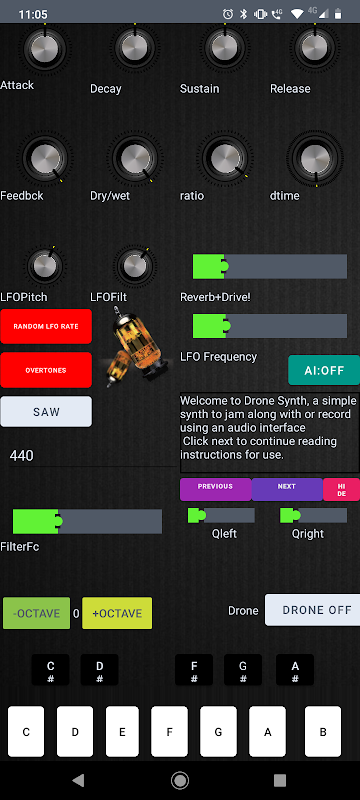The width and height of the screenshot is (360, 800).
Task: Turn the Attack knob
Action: [x=45, y=47]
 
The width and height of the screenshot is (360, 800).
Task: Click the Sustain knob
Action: [x=225, y=47]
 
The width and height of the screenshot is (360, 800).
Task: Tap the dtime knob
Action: [x=315, y=159]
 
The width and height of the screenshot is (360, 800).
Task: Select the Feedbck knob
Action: [x=45, y=159]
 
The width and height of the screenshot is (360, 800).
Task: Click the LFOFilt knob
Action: [x=135, y=265]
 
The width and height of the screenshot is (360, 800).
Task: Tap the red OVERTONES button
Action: [x=46, y=370]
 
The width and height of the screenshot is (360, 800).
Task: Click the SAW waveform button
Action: [x=46, y=412]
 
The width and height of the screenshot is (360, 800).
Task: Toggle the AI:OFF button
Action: [x=324, y=370]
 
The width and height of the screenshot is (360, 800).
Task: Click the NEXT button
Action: [x=287, y=489]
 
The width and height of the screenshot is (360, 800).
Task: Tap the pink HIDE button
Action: [x=341, y=489]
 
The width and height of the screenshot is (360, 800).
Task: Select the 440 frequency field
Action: [x=92, y=456]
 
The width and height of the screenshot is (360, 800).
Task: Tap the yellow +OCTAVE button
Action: [x=117, y=613]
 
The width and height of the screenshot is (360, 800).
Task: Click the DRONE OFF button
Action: [x=312, y=610]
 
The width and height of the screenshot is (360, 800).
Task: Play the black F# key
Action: [x=194, y=670]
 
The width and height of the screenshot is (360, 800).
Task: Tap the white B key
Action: [x=323, y=731]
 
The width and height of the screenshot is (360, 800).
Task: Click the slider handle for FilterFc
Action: [x=58, y=521]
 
